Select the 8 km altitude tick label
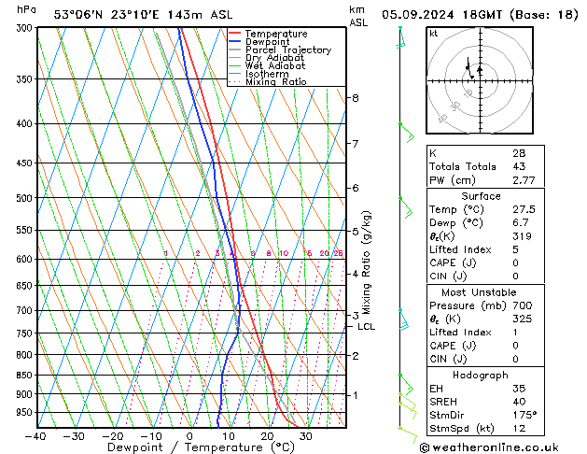click(x=355, y=98)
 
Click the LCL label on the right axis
click(x=366, y=326)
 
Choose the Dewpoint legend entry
click(x=267, y=42)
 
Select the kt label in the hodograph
click(x=434, y=33)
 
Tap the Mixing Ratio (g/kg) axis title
click(x=367, y=262)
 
